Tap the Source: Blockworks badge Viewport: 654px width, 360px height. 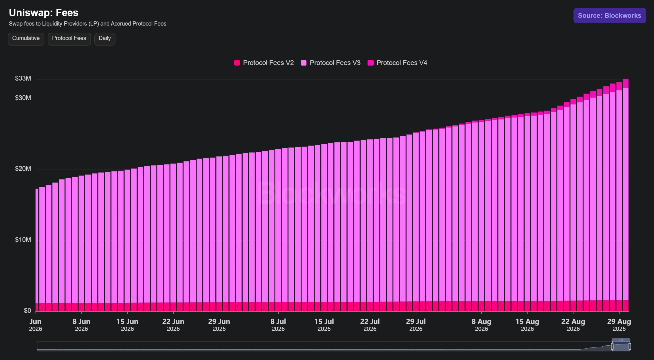(610, 16)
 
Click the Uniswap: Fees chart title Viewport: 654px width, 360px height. (44, 13)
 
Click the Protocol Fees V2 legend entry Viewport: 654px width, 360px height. (264, 63)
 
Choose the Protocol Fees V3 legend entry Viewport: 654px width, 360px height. (331, 63)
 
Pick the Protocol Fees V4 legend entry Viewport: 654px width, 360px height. (397, 63)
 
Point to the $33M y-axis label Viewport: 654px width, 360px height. (23, 78)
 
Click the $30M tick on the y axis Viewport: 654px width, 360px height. (23, 98)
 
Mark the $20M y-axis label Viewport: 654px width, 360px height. (23, 169)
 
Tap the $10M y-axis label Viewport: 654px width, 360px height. (23, 240)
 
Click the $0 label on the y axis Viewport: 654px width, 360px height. (27, 311)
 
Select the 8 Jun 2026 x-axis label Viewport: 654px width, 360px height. (81, 325)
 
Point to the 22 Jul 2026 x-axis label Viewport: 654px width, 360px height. (370, 325)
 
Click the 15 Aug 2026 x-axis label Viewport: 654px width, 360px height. (527, 325)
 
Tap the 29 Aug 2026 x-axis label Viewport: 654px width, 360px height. (619, 325)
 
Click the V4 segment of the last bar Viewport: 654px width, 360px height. (626, 83)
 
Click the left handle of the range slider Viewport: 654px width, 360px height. (612, 346)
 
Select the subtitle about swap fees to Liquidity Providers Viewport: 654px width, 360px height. (87, 24)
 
